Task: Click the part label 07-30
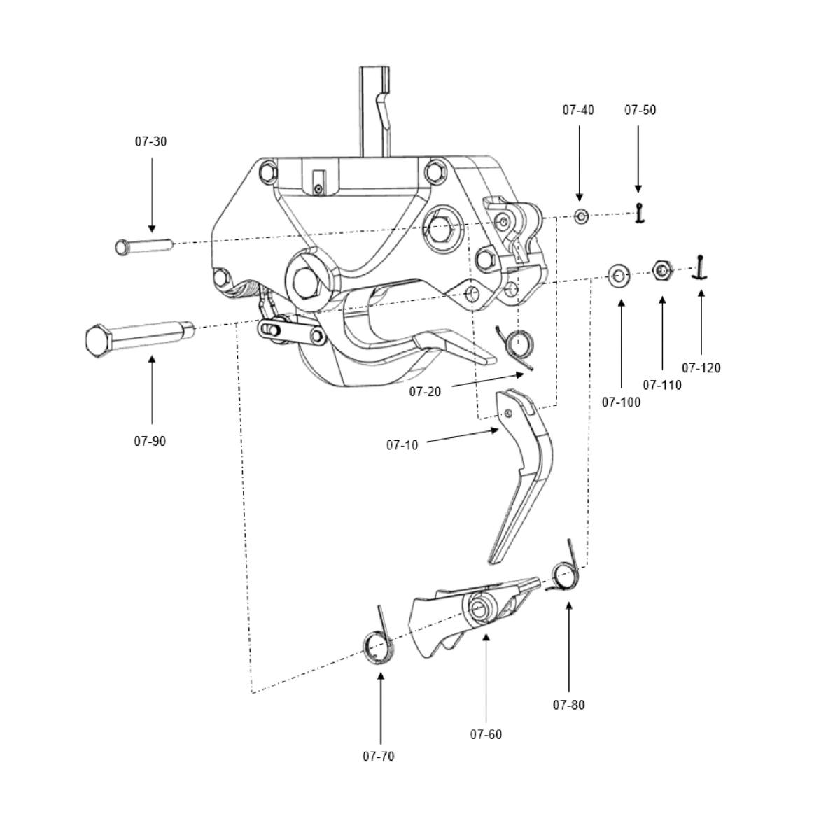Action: click(x=151, y=141)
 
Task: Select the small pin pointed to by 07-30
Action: click(x=143, y=246)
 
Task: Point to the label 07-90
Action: click(x=150, y=442)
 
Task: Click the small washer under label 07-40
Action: click(x=581, y=216)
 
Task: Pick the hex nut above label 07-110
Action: click(x=662, y=269)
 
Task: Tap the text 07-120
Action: click(x=701, y=368)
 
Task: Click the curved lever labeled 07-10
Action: click(x=525, y=476)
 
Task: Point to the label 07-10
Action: click(x=402, y=445)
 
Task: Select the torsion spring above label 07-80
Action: click(x=566, y=573)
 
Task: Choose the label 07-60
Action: click(x=486, y=735)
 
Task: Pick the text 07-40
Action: click(x=578, y=110)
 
